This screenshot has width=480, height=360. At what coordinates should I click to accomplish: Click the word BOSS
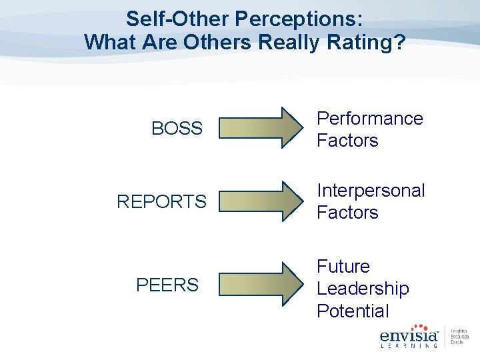177,129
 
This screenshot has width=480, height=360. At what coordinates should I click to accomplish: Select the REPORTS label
161,201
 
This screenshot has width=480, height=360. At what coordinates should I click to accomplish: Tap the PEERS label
167,285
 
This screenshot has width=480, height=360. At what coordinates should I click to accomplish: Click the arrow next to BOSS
261,127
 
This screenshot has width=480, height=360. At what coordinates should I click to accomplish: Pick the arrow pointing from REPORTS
261,201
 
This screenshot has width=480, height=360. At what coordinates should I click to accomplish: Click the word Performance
369,119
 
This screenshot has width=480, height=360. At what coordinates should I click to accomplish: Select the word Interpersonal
370,191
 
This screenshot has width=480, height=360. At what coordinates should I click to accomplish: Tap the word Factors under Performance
347,141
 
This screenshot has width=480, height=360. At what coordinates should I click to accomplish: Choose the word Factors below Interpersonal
347,213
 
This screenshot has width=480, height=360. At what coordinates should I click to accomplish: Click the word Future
343,267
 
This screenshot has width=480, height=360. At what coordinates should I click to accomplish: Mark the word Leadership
363,289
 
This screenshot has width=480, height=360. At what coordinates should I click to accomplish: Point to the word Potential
353,311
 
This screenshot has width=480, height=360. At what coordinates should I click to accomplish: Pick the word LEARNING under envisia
409,345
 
